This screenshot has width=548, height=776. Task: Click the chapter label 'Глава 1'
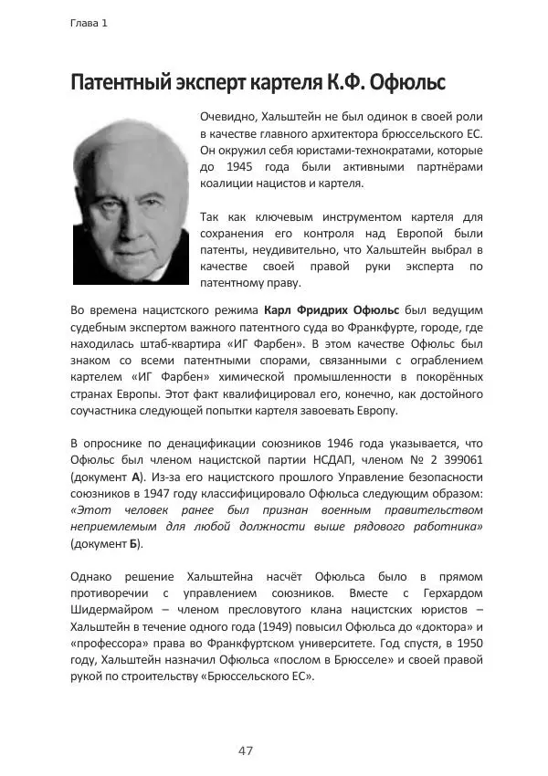coord(89,24)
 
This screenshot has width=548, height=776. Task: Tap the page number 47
coord(245,750)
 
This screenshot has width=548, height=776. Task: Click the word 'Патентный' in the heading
coord(122,85)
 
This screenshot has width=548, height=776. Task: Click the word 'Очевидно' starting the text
coord(227,118)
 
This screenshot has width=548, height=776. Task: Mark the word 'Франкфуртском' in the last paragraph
coord(240,644)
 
